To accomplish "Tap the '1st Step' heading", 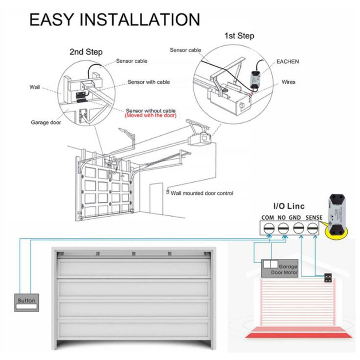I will [x=239, y=36].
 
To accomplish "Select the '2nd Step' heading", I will [x=86, y=52].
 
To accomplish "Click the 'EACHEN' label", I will [x=287, y=61].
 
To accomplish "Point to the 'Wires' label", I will [x=288, y=82].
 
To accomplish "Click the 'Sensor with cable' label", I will [x=149, y=82].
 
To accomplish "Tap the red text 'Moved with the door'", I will [x=151, y=115].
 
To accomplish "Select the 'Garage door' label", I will [x=46, y=122].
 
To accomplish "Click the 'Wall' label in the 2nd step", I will [x=35, y=87].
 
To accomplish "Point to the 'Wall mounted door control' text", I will [x=202, y=193].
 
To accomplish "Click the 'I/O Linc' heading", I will [x=289, y=206].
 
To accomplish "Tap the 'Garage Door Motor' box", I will [x=280, y=268].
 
